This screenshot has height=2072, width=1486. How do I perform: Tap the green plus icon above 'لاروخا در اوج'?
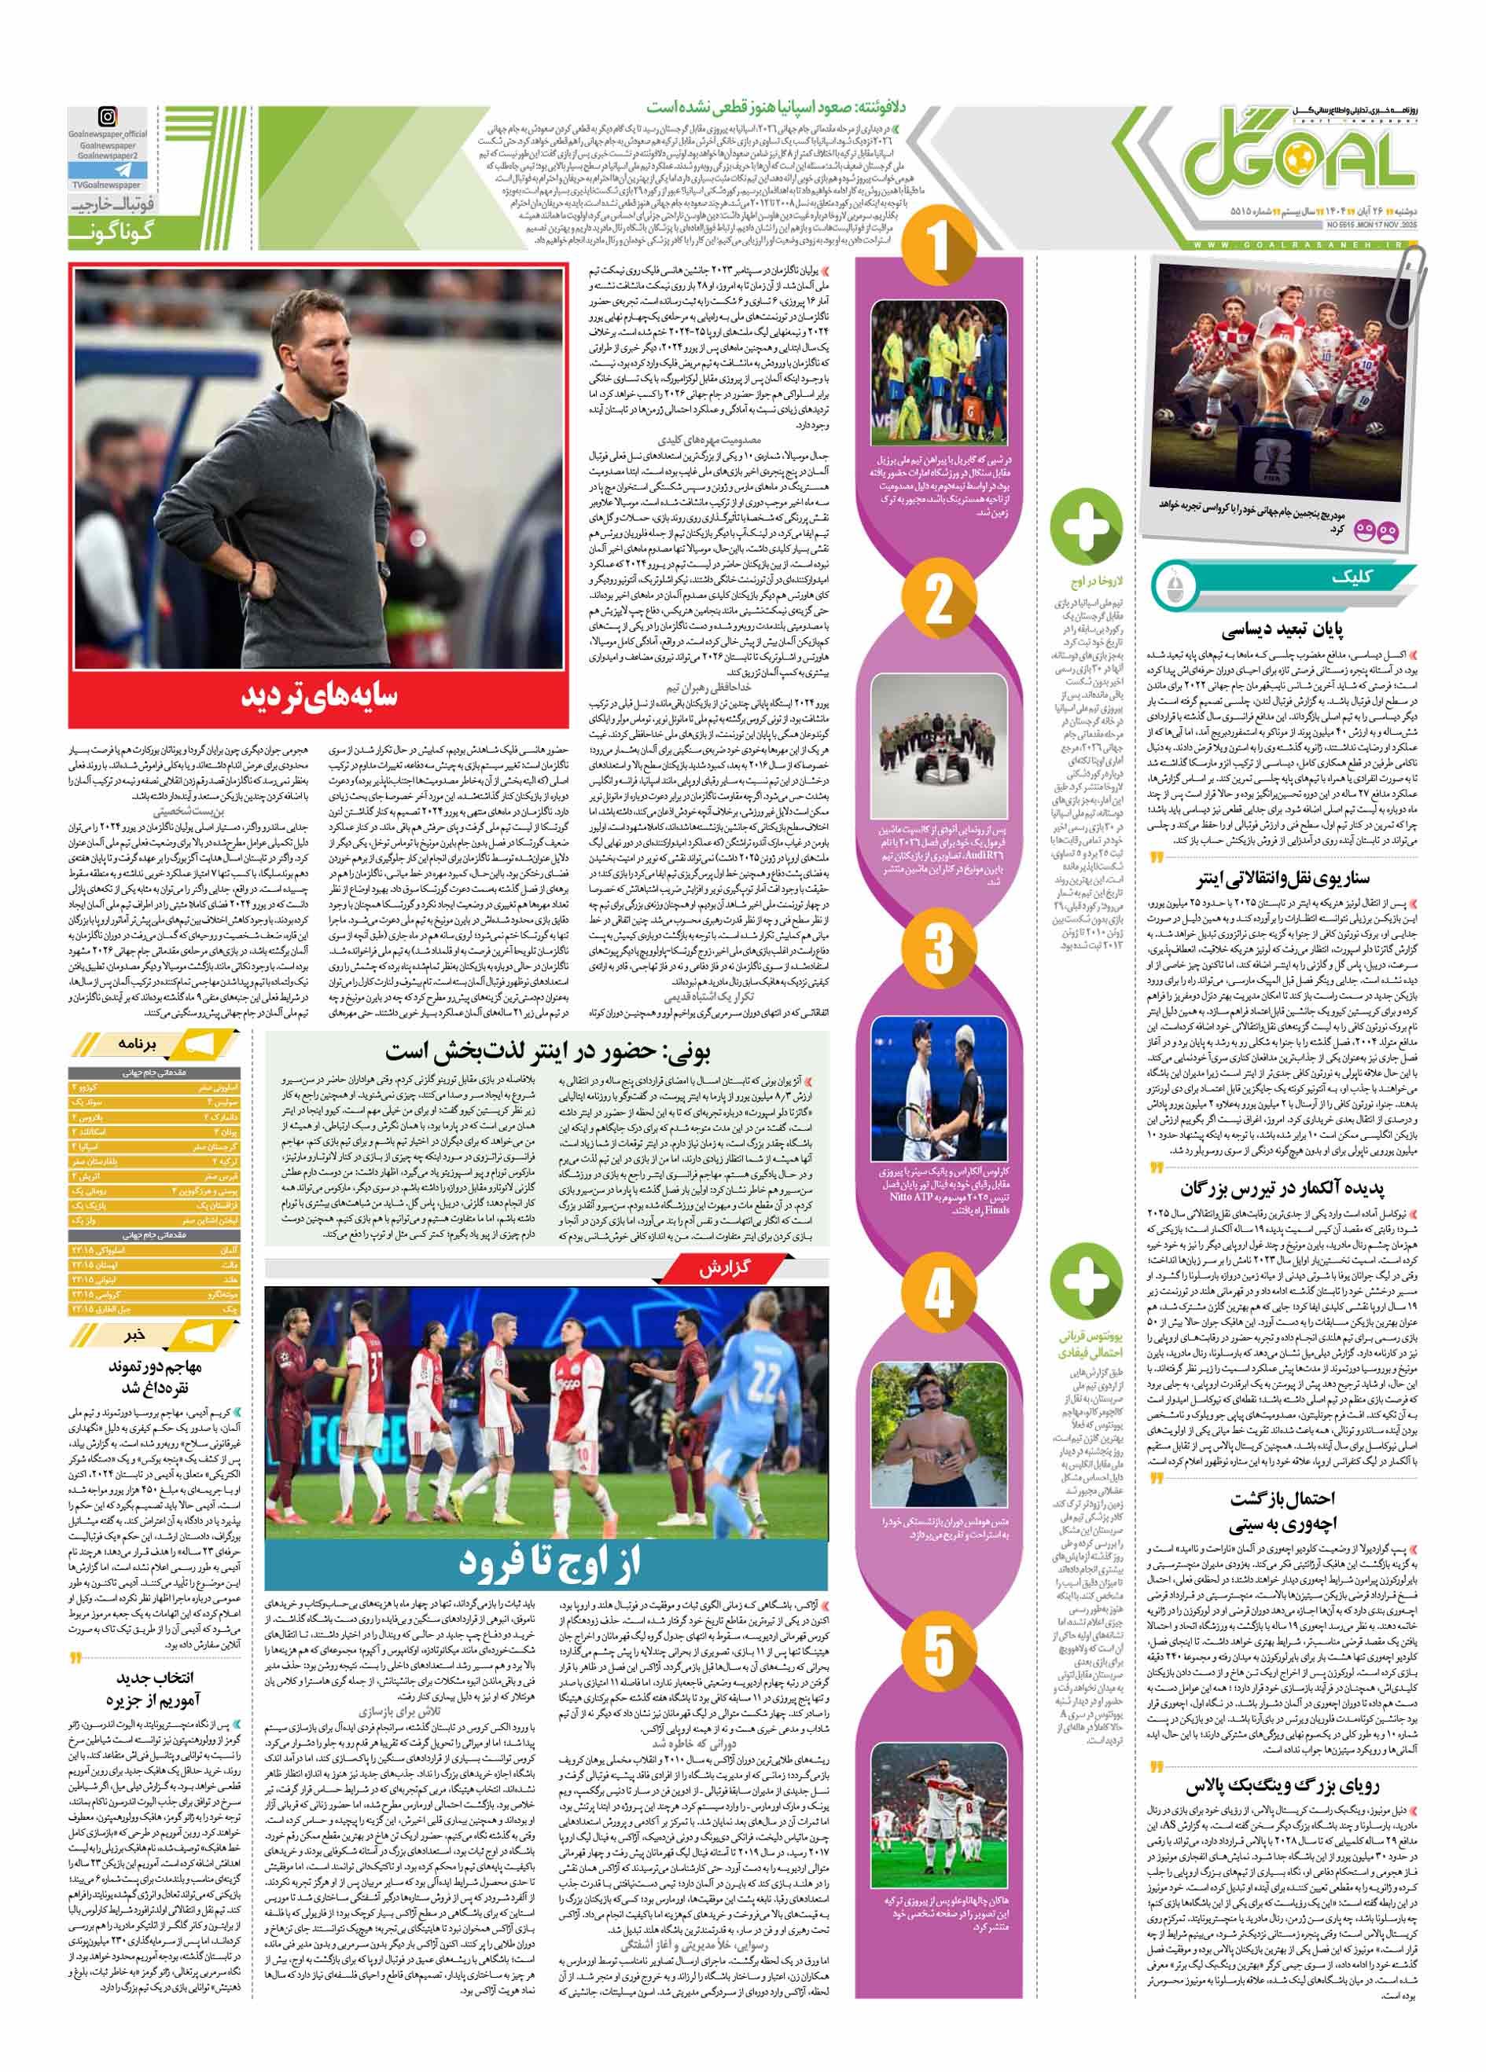[x=1086, y=526]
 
